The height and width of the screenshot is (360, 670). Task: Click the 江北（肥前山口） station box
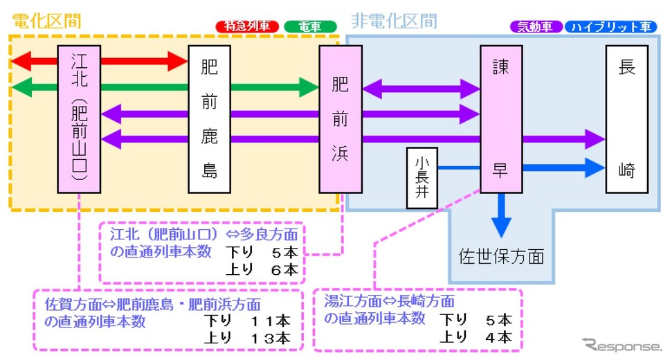tap(80, 119)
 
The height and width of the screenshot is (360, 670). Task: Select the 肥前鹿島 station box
tap(209, 119)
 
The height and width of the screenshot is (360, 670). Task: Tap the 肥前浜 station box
tap(340, 119)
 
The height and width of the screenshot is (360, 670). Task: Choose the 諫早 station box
tap(500, 119)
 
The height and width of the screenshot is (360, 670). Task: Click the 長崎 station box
tap(626, 119)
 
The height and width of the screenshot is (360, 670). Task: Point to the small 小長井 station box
tap(422, 178)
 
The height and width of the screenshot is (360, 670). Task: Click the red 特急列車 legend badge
tap(247, 27)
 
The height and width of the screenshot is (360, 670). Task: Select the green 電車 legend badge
tap(310, 27)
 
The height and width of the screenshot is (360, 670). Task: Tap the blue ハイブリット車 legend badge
tap(610, 27)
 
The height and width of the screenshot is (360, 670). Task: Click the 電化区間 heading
tap(46, 20)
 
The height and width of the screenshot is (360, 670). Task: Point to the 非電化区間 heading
tap(394, 20)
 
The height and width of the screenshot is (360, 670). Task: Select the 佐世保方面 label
tap(501, 258)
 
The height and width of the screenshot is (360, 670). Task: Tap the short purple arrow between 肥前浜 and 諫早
tap(421, 89)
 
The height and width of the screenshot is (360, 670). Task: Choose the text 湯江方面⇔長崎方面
tap(389, 302)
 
